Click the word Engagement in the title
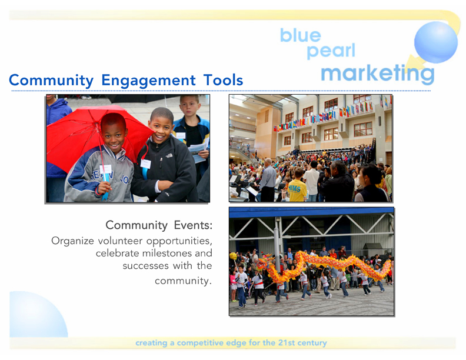149,81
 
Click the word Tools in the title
223,80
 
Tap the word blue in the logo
301,35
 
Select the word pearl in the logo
331,51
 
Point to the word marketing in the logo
377,74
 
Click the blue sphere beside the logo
435,42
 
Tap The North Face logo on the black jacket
169,155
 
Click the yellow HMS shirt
297,191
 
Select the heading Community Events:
159,225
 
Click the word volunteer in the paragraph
121,241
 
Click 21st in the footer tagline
287,343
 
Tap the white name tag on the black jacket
146,164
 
